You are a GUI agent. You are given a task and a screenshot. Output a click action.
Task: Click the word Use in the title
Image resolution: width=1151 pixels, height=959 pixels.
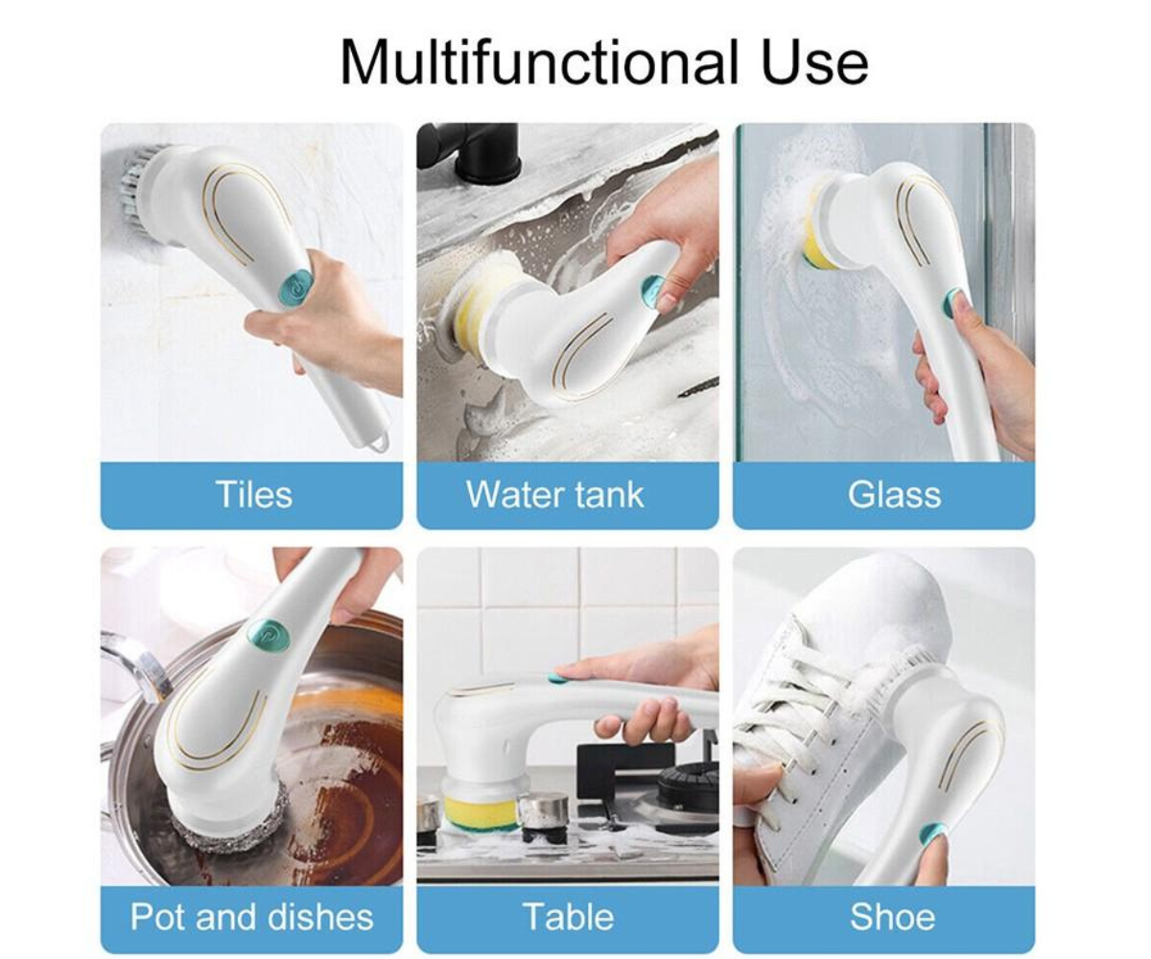(814, 63)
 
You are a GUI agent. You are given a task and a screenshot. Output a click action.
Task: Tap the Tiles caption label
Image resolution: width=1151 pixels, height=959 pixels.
(254, 495)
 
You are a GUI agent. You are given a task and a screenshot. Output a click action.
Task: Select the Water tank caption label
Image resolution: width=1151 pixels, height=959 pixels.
(555, 495)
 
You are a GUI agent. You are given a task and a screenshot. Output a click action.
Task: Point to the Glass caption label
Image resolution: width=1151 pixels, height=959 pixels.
(894, 495)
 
